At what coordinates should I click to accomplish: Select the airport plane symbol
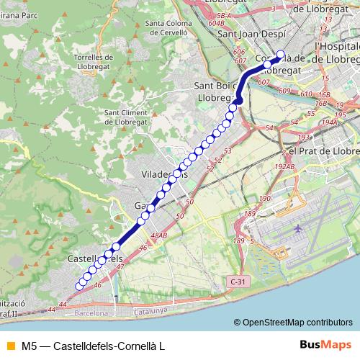[x=298, y=228]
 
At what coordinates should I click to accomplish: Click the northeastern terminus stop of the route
[x=280, y=55]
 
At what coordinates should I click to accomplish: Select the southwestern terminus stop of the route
[x=78, y=286]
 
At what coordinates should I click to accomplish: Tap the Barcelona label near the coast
[x=91, y=313]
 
